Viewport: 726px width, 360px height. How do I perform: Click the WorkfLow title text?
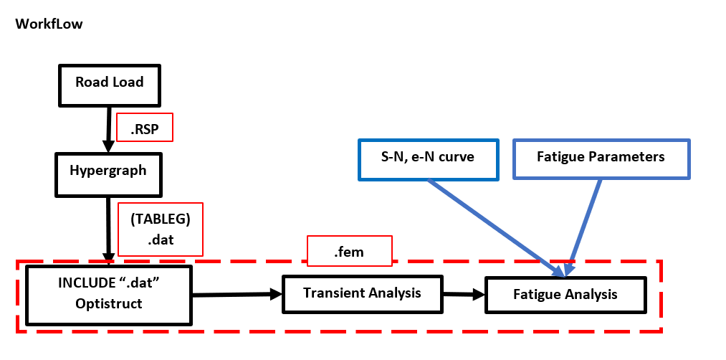point(49,24)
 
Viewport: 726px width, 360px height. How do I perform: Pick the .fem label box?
point(350,251)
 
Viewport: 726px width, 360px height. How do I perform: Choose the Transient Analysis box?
point(361,293)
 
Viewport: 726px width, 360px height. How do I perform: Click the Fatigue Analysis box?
point(565,295)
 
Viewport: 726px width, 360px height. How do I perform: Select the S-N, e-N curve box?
point(428,158)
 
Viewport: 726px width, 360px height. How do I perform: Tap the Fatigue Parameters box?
point(601,158)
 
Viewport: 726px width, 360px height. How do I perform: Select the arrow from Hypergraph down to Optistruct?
point(109,229)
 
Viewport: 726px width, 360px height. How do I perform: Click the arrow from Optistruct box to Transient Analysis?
point(237,294)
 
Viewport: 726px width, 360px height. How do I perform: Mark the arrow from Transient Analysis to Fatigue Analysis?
point(463,294)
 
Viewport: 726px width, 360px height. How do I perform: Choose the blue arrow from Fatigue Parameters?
point(585,227)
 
